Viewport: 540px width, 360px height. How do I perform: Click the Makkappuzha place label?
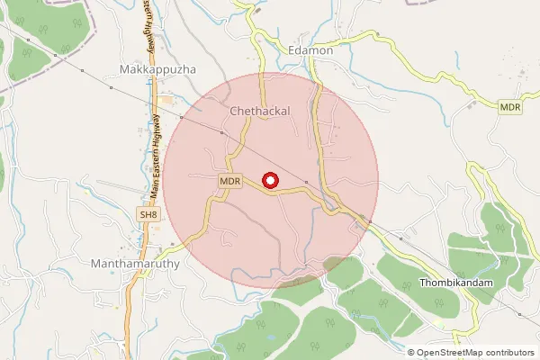157,69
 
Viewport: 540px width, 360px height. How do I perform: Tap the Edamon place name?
311,51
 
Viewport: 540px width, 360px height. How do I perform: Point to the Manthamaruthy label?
136,265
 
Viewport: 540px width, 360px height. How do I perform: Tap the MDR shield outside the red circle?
510,107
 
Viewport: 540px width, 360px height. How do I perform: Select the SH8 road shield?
148,214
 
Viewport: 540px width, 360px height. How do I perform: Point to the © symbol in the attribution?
412,353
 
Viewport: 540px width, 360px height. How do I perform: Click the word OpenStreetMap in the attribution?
451,353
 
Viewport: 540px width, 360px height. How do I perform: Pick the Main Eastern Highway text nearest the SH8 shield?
155,162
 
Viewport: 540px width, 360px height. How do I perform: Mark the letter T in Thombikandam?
423,283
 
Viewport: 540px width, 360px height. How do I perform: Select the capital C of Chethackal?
235,112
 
